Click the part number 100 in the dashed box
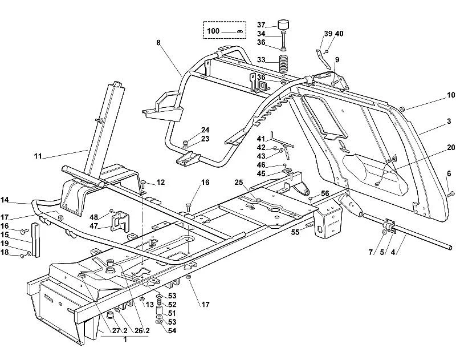pos(213,31)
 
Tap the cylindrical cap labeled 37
pos(283,25)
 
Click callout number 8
pos(158,43)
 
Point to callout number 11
pos(38,156)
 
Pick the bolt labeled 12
pos(144,184)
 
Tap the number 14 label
pos(5,200)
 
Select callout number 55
pos(295,232)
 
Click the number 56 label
pos(325,194)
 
